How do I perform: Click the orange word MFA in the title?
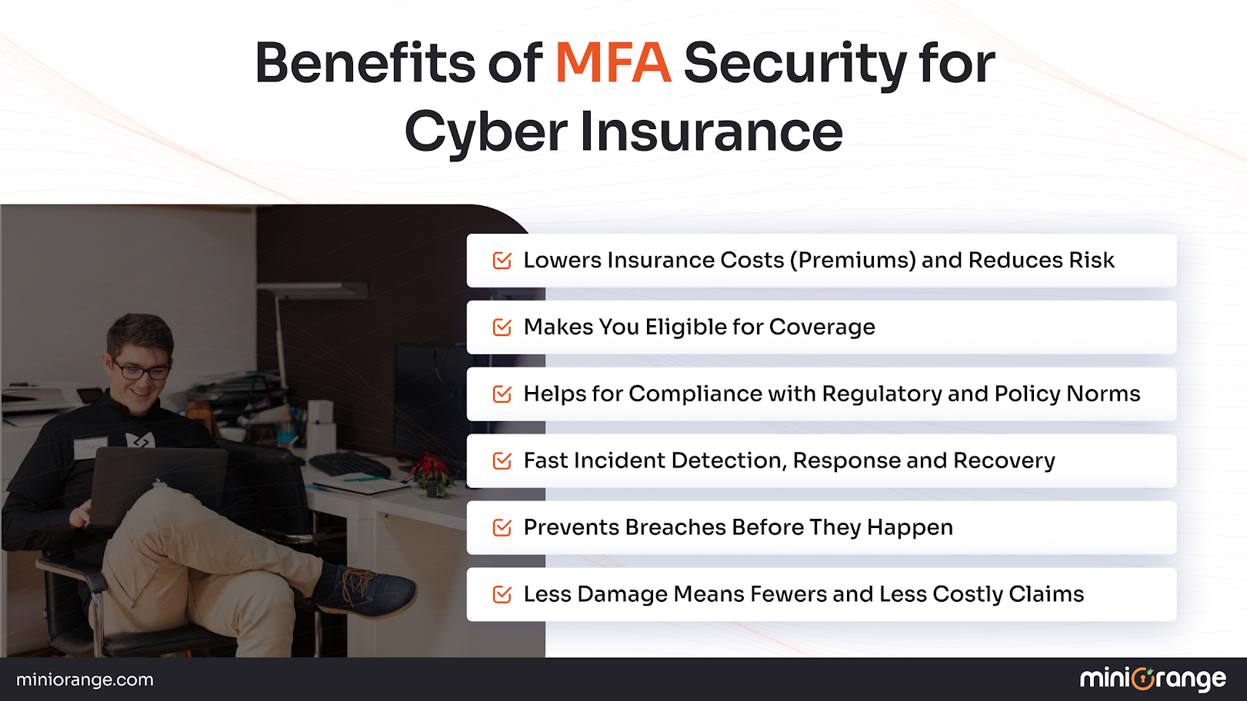tap(612, 63)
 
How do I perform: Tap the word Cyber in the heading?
tap(485, 132)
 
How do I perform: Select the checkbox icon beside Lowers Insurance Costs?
tap(502, 261)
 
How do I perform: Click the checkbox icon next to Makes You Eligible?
tap(502, 327)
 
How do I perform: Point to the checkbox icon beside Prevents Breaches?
tap(502, 527)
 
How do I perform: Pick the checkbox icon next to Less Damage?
tap(502, 594)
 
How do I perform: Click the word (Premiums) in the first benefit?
tap(852, 261)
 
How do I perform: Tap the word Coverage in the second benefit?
tap(822, 327)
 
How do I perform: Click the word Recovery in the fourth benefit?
tap(1004, 460)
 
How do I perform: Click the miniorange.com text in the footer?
tap(85, 679)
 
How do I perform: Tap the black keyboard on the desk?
tap(350, 464)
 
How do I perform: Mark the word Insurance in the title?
tap(711, 132)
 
